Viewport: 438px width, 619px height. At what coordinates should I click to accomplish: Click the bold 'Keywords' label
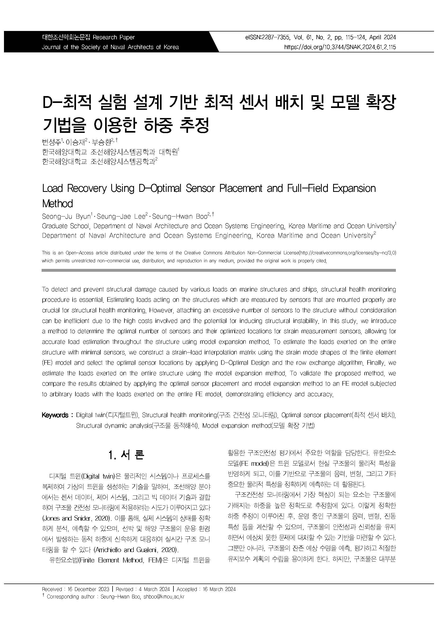coord(55,415)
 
